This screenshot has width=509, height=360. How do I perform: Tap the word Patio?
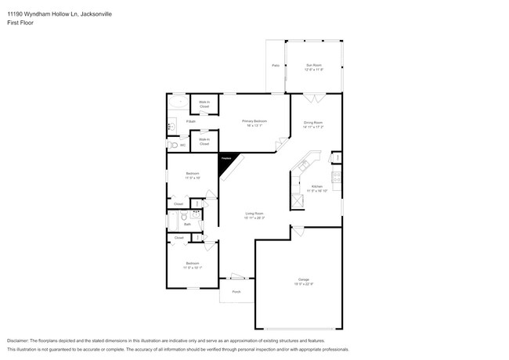tap(275, 66)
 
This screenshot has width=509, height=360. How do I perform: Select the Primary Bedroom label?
tap(254, 121)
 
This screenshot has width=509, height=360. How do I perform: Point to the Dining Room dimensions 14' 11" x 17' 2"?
tap(314, 127)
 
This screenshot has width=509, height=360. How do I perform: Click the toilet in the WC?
tap(172, 145)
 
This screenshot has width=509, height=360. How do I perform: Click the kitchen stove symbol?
tap(336, 176)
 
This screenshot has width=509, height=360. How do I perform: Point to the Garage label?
tap(303, 279)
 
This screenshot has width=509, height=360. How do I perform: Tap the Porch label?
tap(236, 292)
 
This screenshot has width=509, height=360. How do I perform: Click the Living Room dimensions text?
tap(254, 218)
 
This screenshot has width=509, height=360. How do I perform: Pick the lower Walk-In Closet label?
tap(204, 142)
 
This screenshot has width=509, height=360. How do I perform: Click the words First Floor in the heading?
tap(20, 23)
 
